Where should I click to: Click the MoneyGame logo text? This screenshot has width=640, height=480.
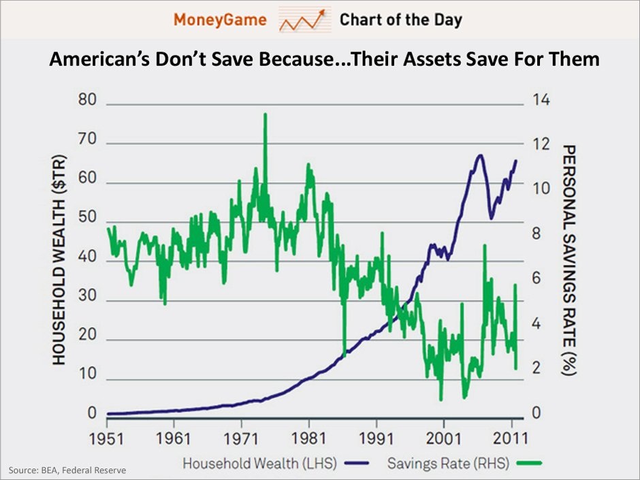pyautogui.click(x=219, y=19)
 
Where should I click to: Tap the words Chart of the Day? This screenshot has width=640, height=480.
pyautogui.click(x=401, y=19)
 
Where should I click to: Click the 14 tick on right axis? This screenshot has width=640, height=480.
pyautogui.click(x=540, y=101)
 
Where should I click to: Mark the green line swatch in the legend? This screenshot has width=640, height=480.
pyautogui.click(x=528, y=464)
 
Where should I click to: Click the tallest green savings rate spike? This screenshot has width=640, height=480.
pyautogui.click(x=265, y=114)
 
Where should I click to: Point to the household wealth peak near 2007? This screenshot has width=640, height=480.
pyautogui.click(x=480, y=155)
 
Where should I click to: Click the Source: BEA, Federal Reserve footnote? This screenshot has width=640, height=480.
pyautogui.click(x=67, y=470)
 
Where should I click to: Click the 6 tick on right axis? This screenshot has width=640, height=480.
pyautogui.click(x=537, y=279)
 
